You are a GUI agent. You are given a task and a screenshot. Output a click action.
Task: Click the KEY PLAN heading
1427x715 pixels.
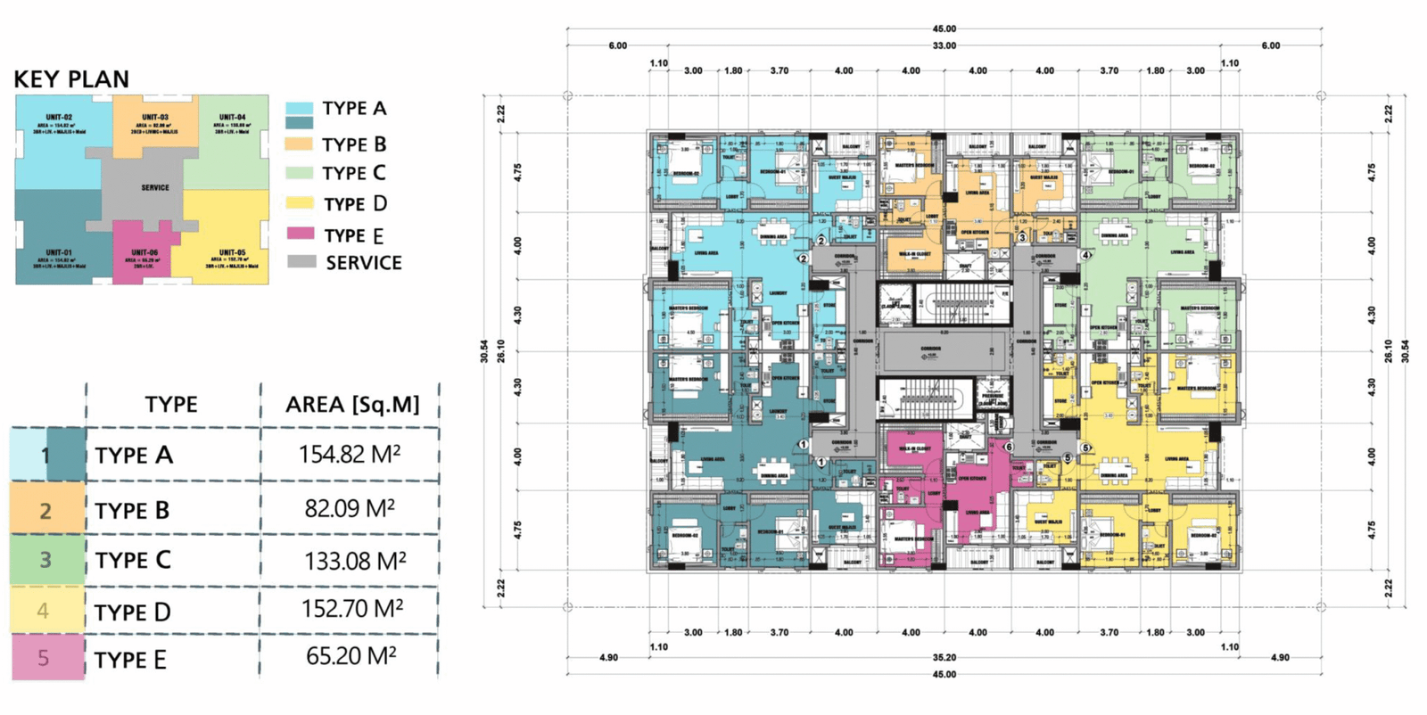pos(71,79)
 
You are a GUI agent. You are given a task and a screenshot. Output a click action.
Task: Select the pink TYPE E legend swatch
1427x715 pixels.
pos(300,234)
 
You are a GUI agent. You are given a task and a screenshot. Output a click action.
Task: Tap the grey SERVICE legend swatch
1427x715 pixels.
pos(301,262)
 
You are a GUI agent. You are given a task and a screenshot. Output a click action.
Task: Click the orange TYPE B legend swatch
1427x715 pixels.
pos(299,144)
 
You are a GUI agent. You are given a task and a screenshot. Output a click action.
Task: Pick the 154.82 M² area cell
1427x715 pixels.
pos(350,455)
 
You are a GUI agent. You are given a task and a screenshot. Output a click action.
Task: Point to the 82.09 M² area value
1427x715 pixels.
pos(350,509)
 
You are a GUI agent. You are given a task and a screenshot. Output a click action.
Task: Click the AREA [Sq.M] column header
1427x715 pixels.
pos(352,405)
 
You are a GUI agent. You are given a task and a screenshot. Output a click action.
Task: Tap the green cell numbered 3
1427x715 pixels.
pos(45,560)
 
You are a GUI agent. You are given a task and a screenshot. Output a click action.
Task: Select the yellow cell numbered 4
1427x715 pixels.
pos(43,612)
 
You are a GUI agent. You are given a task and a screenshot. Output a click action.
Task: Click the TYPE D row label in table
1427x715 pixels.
pos(133,612)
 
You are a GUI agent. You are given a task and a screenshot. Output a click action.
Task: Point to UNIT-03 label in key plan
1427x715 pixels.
pos(155,118)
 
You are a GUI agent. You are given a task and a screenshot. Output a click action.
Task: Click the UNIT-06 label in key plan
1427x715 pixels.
pos(144,253)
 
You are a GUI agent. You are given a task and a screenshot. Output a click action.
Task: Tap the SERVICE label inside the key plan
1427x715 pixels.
pos(155,188)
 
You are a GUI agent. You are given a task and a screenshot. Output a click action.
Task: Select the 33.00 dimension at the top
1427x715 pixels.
pos(944,45)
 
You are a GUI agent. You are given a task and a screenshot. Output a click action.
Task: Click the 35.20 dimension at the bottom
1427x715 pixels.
pos(944,658)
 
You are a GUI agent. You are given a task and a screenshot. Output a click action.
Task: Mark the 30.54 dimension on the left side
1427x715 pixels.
pos(484,351)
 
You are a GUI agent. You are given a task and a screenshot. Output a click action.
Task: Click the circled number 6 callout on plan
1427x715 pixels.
pos(1009,447)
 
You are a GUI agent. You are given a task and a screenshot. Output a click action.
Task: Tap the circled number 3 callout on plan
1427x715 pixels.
pos(1022,238)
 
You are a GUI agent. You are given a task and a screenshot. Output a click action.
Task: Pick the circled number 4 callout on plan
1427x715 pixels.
pos(1085,255)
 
